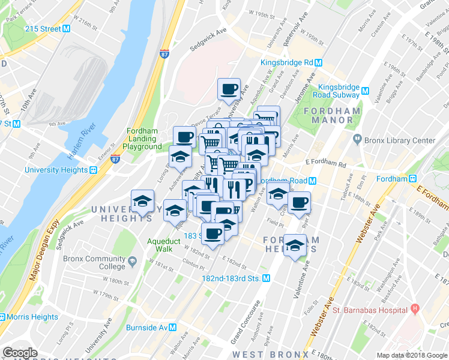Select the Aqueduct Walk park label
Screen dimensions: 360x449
tap(160, 245)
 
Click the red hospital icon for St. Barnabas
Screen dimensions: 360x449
tap(414, 310)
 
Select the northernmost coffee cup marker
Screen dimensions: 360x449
tap(229, 90)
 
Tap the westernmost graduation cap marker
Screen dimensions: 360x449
tap(142, 202)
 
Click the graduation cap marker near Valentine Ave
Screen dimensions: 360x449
tap(294, 245)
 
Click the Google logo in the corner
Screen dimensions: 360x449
tap(20, 353)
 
